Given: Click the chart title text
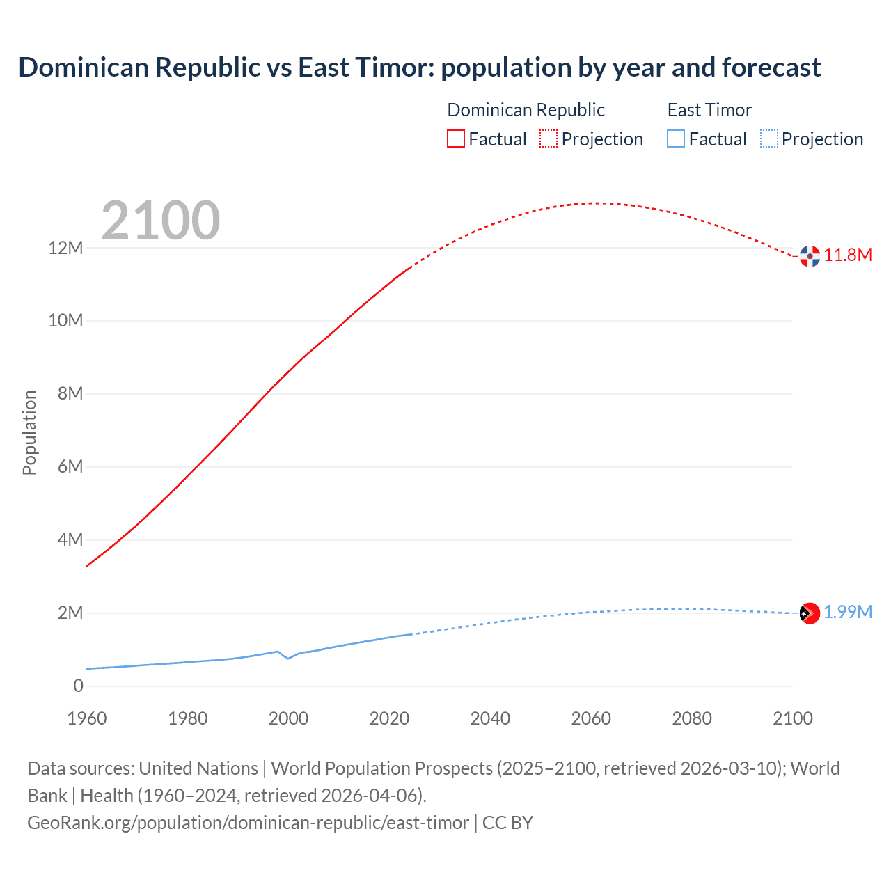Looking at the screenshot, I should [420, 68].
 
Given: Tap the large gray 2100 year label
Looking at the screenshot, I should [161, 221].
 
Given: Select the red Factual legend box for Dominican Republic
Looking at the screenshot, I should [456, 139].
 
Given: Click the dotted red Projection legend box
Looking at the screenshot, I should [549, 139].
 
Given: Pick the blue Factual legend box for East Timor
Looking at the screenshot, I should [676, 139].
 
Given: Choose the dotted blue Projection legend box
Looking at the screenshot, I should [769, 139].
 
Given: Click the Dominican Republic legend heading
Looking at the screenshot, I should [526, 110].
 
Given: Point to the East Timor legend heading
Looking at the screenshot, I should [709, 110].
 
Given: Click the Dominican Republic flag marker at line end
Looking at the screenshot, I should [810, 256].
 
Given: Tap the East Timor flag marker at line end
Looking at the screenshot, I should [810, 613].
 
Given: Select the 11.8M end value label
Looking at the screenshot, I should [848, 255].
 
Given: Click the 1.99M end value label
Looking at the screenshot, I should [848, 613].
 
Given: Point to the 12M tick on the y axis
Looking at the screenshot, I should [65, 248].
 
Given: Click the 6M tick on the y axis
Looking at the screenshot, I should [70, 466].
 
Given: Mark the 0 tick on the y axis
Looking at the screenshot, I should [78, 686].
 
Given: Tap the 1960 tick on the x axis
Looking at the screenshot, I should [87, 718].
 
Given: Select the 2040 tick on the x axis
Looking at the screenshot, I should [490, 718].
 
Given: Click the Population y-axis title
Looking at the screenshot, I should [29, 432].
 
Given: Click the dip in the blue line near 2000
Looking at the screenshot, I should [288, 658].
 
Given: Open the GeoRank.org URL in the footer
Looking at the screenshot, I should [248, 823].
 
